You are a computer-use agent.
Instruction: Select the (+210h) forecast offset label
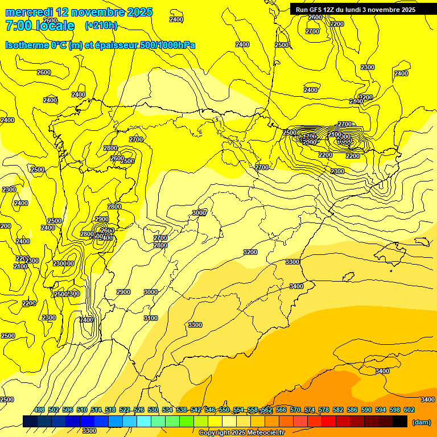pos(101,25)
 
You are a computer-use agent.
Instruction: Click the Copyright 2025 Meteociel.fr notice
pos(241,432)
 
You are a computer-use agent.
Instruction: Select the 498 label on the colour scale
pos(39,410)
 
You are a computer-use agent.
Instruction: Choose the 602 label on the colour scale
pos(409,410)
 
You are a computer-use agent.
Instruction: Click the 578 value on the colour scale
pos(324,410)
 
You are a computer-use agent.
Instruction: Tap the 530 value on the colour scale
pos(153,410)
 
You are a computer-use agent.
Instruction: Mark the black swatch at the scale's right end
pos(400,422)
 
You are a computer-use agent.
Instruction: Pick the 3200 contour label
pos(250,252)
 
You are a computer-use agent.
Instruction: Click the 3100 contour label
pos(150,318)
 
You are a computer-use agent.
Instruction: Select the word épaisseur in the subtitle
pos(113,45)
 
